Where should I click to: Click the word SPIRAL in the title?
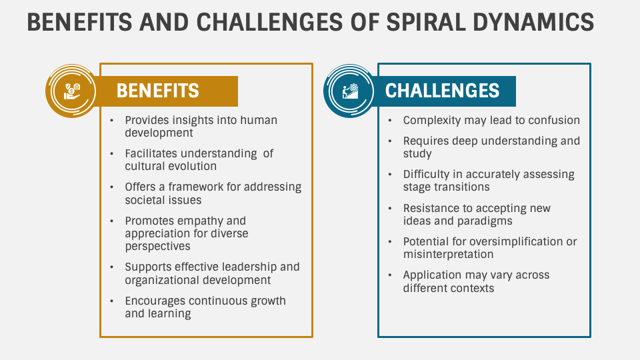pyautogui.click(x=426, y=22)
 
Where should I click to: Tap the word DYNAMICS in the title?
pyautogui.click(x=533, y=22)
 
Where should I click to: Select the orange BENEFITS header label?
pyautogui.click(x=157, y=91)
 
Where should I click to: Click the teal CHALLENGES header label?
pyautogui.click(x=442, y=91)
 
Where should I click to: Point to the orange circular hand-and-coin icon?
pyautogui.click(x=71, y=91)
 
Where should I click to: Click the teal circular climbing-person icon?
pyautogui.click(x=349, y=91)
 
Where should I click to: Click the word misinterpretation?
pyautogui.click(x=448, y=254)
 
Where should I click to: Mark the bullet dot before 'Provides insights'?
pyautogui.click(x=111, y=121)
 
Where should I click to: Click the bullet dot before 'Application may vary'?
pyautogui.click(x=390, y=275)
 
